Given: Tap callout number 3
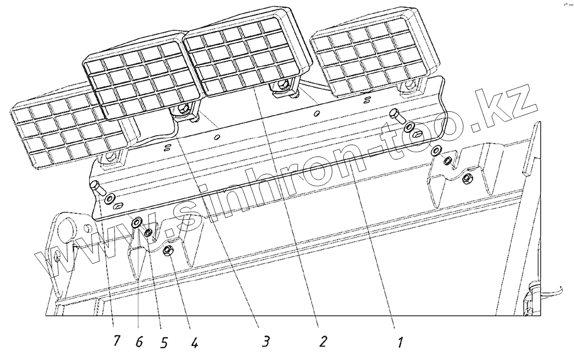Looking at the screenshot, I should [265, 341].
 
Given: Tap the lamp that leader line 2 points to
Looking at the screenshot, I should [243, 57].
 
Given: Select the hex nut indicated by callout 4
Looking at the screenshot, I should [167, 251].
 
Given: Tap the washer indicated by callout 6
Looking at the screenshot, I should [136, 223].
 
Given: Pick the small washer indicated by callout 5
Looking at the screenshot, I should [150, 233].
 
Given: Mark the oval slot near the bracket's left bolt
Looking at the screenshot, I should [119, 206].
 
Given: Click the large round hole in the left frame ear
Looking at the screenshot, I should [67, 228].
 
